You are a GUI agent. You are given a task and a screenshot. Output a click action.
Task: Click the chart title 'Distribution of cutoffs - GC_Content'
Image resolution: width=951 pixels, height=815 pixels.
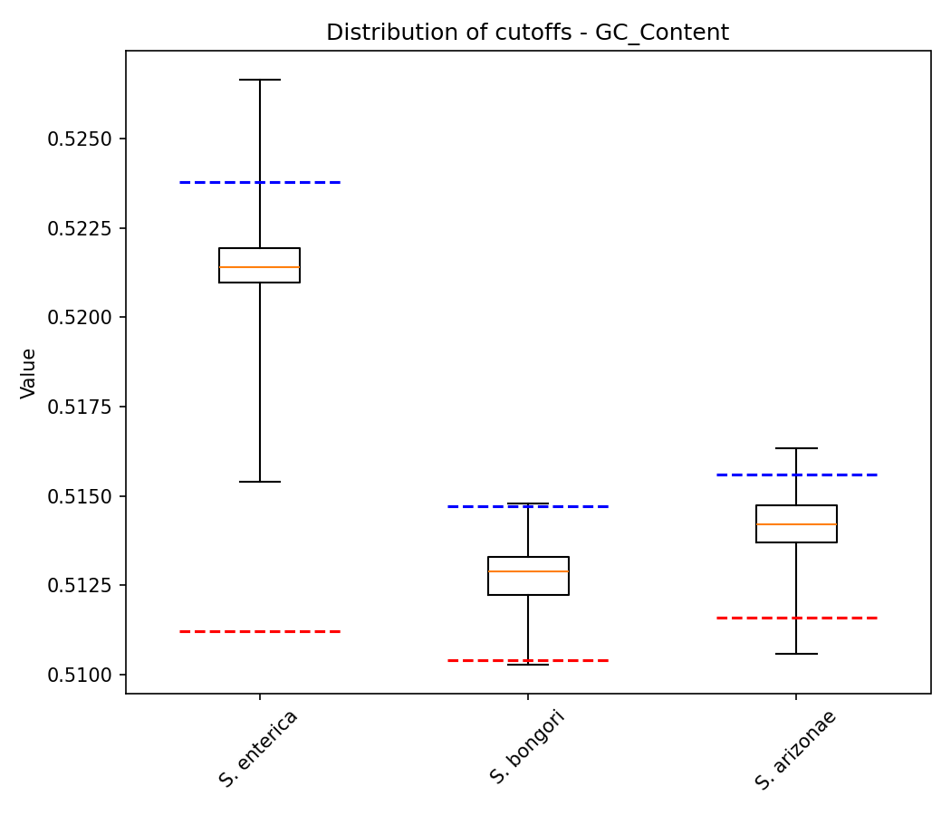point(527,33)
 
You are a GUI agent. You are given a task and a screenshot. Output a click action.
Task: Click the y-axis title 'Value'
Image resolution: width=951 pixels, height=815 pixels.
point(28,373)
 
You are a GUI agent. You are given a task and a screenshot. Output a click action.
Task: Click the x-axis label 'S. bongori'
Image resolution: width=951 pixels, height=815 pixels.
point(527,747)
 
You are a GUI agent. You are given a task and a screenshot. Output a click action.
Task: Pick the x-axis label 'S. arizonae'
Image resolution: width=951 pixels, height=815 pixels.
point(795,750)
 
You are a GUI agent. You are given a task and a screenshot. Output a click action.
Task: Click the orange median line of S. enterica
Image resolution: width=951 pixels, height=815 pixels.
point(259,267)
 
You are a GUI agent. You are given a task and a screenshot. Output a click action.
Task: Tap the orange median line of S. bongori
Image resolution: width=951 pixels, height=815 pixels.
point(528,571)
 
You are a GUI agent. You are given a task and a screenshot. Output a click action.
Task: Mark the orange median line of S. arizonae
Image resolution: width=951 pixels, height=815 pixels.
point(796,524)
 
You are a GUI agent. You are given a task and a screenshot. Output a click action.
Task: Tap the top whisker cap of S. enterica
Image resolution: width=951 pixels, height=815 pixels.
point(260,80)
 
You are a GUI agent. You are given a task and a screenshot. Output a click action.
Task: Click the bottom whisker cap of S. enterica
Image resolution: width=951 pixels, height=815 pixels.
point(260,482)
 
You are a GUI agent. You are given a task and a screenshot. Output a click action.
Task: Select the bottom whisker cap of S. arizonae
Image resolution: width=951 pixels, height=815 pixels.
point(796,654)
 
